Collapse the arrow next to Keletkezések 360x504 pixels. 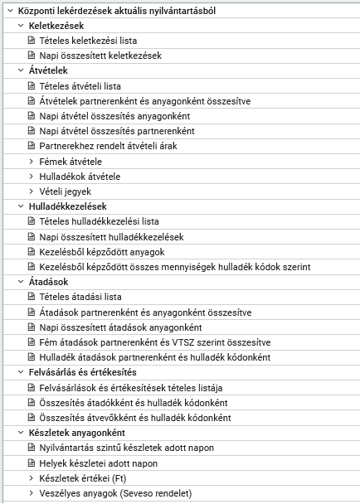coord(20,26)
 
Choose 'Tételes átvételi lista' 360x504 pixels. coord(80,85)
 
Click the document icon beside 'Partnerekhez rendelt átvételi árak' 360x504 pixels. coord(32,146)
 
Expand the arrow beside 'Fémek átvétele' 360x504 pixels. coord(32,161)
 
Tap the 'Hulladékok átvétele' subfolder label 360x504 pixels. coord(80,176)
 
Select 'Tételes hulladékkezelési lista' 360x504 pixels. coord(99,221)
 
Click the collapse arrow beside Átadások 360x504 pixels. coord(20,282)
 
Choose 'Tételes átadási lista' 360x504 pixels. coord(80,297)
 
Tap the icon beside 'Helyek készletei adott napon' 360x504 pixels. coord(32,463)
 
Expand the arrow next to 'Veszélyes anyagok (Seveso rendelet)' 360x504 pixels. coord(32,492)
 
